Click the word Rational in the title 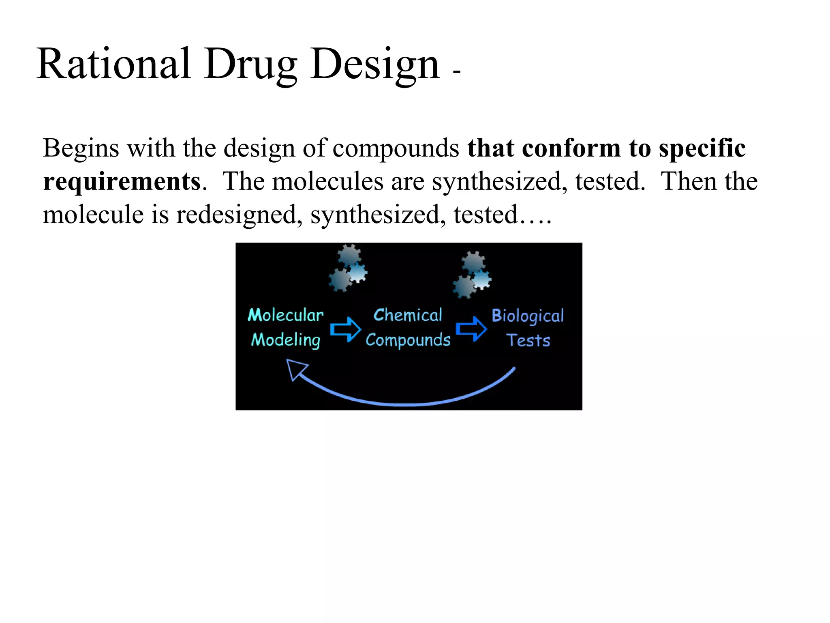113,64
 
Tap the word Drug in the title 250,65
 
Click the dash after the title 457,72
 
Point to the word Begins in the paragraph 81,148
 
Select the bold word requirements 122,181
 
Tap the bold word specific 702,148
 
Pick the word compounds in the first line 396,148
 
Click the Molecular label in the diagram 286,315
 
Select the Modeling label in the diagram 286,340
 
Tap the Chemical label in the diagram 408,315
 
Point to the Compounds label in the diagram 408,340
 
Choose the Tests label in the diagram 528,340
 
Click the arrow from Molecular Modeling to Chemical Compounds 345,329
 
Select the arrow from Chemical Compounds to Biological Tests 471,329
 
